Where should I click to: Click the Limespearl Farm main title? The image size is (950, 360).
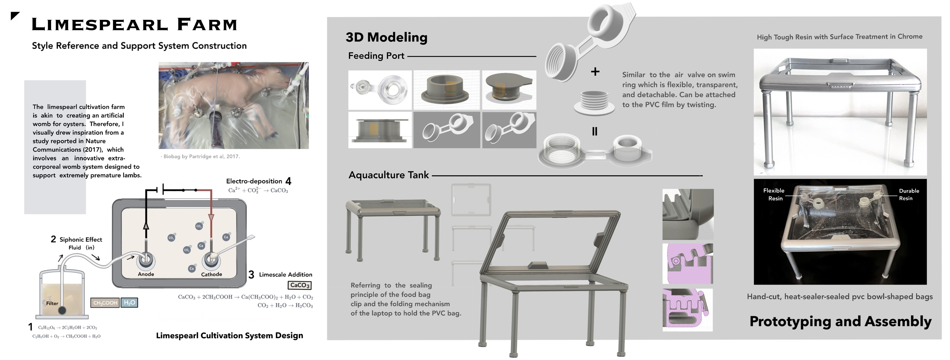(x=134, y=24)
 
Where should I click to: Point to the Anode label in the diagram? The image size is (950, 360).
(x=146, y=274)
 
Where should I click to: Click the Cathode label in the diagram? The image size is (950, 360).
(x=211, y=274)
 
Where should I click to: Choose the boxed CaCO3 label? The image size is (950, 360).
(x=299, y=285)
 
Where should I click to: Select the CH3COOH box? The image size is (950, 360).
(x=105, y=303)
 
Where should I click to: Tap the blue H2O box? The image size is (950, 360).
(x=129, y=303)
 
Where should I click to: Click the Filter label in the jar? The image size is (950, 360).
(x=52, y=303)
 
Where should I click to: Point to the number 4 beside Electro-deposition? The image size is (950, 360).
(x=288, y=181)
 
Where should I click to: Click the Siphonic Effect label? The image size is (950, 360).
(x=80, y=239)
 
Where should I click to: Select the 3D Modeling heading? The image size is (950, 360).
(x=386, y=37)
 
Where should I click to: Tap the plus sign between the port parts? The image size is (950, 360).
(x=595, y=72)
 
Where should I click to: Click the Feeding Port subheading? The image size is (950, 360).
(x=376, y=56)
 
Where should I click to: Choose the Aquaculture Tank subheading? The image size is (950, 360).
(x=389, y=175)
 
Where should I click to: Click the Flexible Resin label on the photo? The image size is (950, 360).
(x=774, y=194)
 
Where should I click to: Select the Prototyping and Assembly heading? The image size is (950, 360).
(x=840, y=321)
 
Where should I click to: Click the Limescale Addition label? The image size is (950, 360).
(x=285, y=274)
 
